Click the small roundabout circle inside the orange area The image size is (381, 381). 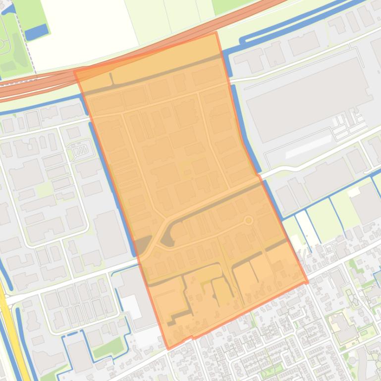click(x=249, y=220)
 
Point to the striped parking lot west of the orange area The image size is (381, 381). click(x=78, y=148)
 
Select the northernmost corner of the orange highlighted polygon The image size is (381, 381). click(x=216, y=33)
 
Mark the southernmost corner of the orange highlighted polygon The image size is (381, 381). click(x=168, y=349)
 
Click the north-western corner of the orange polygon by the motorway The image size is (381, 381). click(x=75, y=71)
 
